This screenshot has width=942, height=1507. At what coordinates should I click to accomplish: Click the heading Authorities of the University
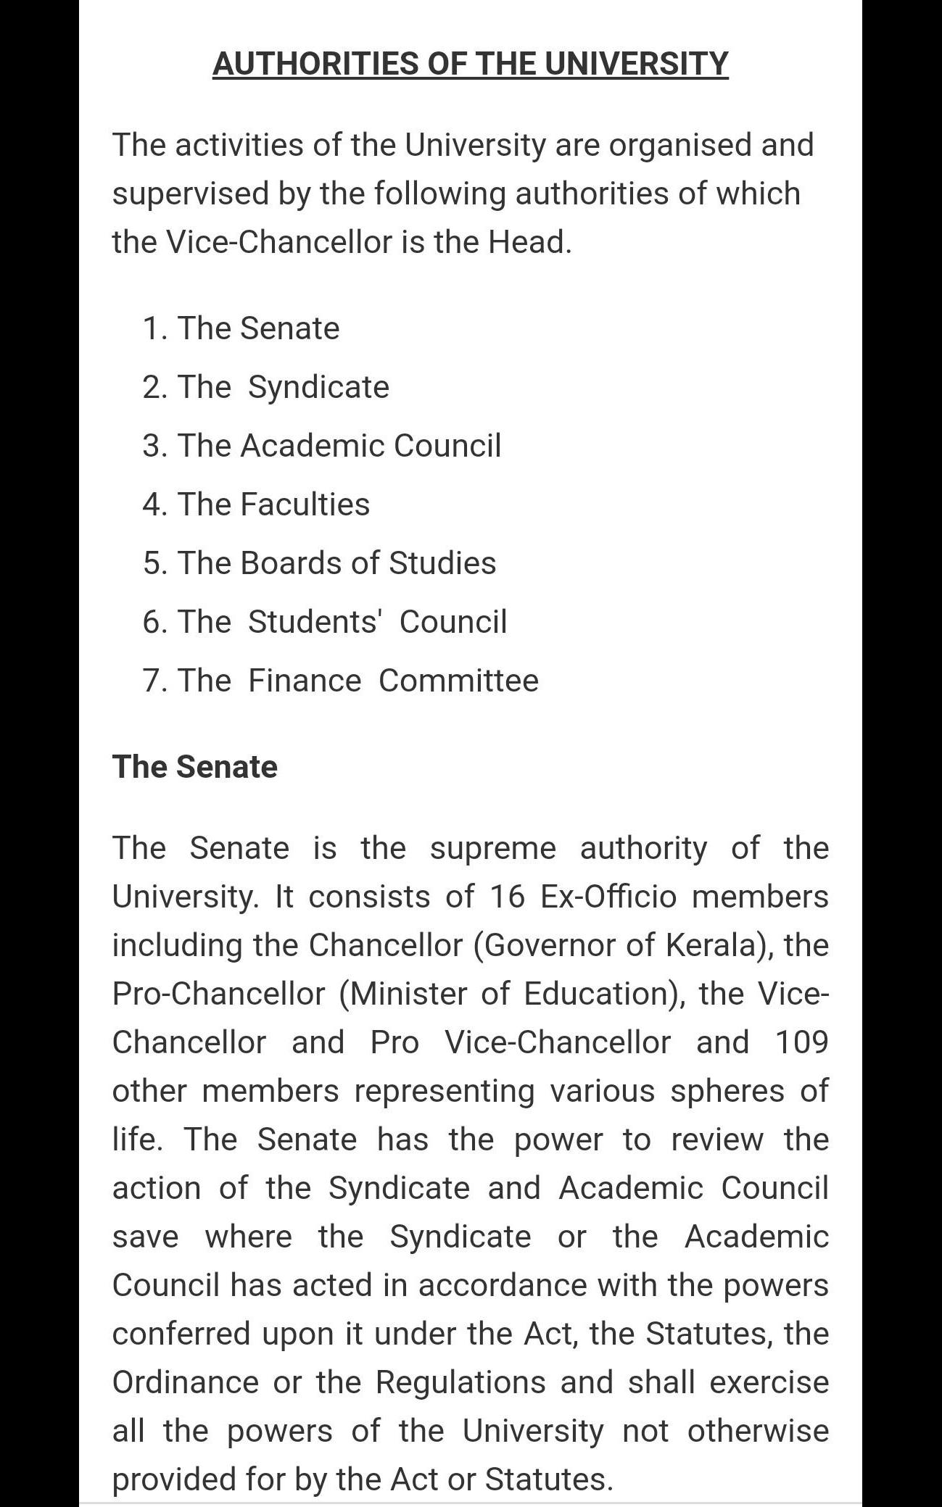point(470,64)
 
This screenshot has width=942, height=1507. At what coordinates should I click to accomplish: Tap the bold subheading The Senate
point(194,767)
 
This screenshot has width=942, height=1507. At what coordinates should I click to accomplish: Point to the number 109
point(801,1042)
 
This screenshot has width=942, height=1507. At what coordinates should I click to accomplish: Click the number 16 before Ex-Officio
point(507,897)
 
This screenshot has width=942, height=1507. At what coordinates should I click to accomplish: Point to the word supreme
point(493,848)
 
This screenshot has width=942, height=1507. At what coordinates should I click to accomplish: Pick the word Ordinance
point(186,1382)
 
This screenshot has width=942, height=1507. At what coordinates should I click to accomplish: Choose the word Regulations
point(460,1382)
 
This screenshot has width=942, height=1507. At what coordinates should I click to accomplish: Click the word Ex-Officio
point(608,897)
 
